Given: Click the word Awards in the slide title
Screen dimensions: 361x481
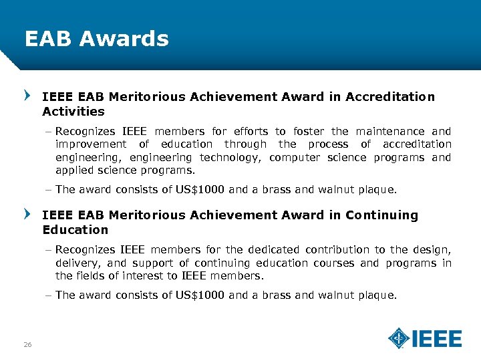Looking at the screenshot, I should [x=124, y=39].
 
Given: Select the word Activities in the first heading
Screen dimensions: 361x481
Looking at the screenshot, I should [x=73, y=111].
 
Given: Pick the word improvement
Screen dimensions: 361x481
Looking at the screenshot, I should [x=91, y=144].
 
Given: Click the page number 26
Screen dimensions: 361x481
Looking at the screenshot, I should [x=27, y=344].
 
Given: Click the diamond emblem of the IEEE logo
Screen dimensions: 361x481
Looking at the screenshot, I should [x=399, y=338].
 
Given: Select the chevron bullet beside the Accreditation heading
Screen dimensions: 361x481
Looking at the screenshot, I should [x=27, y=96].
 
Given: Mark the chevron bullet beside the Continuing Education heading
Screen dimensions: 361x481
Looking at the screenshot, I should [x=27, y=214].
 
